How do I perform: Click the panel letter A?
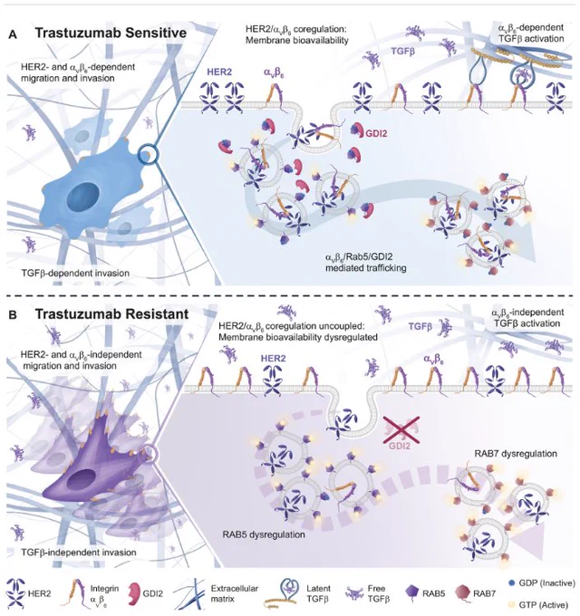click(x=13, y=34)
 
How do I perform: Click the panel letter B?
click(x=13, y=315)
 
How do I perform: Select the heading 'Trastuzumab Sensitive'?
click(x=111, y=33)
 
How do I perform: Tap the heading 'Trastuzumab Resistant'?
click(x=111, y=314)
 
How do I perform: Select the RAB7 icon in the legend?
click(x=463, y=593)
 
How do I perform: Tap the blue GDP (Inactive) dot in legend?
click(x=511, y=583)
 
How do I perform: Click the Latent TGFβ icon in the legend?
click(x=284, y=593)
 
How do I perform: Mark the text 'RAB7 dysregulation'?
click(x=516, y=454)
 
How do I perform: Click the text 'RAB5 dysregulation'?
click(x=264, y=534)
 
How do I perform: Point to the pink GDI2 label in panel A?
click(x=376, y=133)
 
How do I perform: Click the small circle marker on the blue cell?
click(x=148, y=154)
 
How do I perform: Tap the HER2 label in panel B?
click(x=274, y=359)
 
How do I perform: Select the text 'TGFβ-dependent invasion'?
click(x=75, y=273)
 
